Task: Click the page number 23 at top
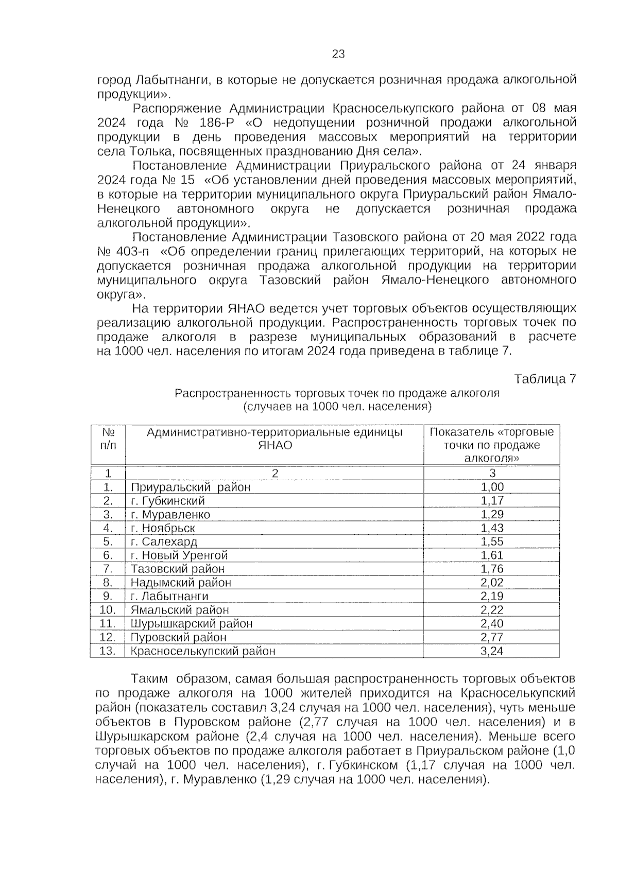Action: point(338,54)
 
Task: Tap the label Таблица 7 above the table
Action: point(545,379)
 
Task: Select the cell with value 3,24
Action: point(492,651)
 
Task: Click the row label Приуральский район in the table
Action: point(191,487)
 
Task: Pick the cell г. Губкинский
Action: point(168,501)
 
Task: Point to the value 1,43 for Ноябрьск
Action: point(492,528)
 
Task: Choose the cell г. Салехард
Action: point(164,541)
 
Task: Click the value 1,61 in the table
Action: point(492,555)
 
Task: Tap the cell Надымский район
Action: point(181,582)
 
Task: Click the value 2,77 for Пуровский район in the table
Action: point(492,637)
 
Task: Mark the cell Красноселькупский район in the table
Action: point(203,651)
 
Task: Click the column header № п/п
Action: point(108,438)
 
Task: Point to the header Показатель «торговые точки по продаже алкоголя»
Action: point(492,444)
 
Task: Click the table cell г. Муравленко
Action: point(170,514)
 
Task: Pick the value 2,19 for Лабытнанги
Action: point(492,596)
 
